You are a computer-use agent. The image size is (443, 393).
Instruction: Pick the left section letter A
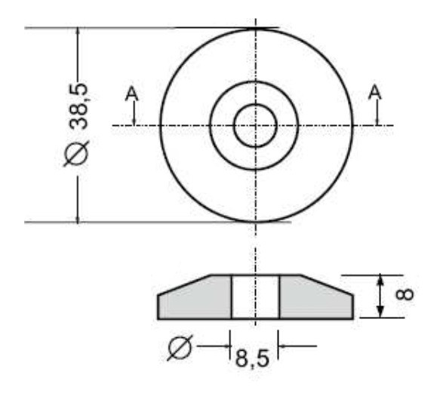[x=132, y=94]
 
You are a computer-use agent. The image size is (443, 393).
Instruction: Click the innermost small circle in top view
[x=256, y=125]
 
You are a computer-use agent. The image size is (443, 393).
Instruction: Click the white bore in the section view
[x=255, y=296]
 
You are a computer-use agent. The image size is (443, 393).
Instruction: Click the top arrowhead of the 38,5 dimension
[x=78, y=35]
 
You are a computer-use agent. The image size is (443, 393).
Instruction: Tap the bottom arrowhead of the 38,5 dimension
[x=78, y=216]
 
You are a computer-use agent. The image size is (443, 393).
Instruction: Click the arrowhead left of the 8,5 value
[x=226, y=347]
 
